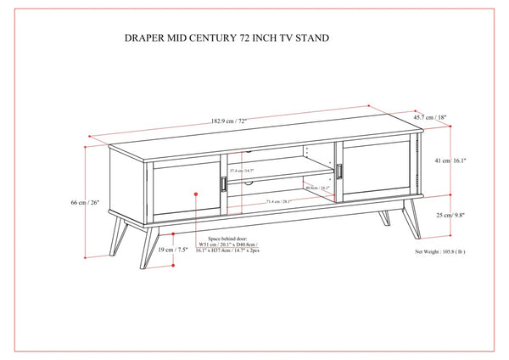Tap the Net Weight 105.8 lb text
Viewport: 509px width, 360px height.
pyautogui.click(x=440, y=252)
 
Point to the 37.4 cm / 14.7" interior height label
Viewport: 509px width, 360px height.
pyautogui.click(x=246, y=172)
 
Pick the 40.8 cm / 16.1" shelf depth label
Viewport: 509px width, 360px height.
pyautogui.click(x=318, y=188)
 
